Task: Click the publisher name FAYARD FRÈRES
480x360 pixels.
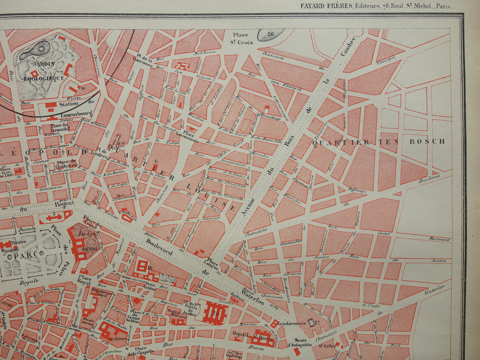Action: pyautogui.click(x=326, y=6)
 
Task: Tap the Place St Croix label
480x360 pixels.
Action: pyautogui.click(x=242, y=38)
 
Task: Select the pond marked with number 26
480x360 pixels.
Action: pyautogui.click(x=270, y=34)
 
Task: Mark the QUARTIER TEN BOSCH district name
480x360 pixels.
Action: pyautogui.click(x=379, y=142)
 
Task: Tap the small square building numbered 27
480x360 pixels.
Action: pyautogui.click(x=311, y=322)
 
